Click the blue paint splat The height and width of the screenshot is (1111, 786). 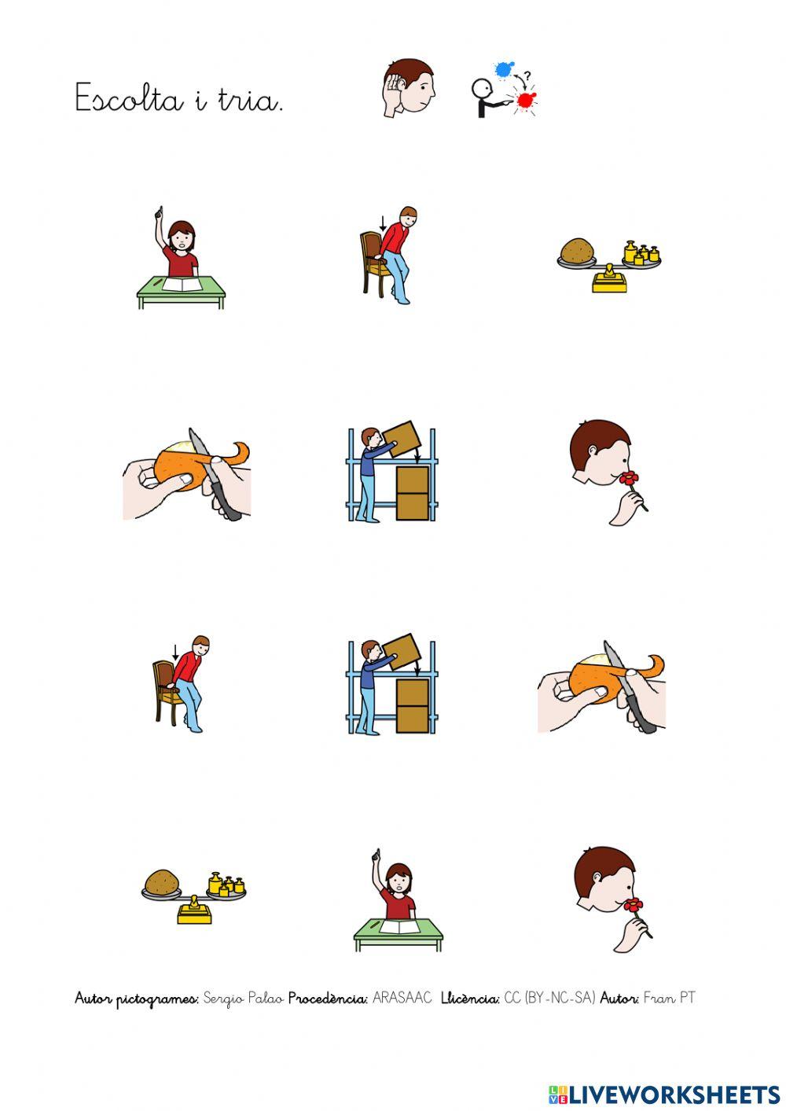coord(504,70)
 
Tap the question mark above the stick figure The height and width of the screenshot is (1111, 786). coord(527,76)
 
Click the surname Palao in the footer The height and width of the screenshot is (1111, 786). coord(266,999)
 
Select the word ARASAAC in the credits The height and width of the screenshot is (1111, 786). coord(402,998)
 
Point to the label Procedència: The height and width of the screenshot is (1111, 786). coord(328,999)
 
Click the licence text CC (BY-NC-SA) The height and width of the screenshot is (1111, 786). coord(549,999)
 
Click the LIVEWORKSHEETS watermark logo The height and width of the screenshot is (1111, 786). coord(664,1094)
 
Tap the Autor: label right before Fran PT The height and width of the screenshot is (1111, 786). coord(619,999)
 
